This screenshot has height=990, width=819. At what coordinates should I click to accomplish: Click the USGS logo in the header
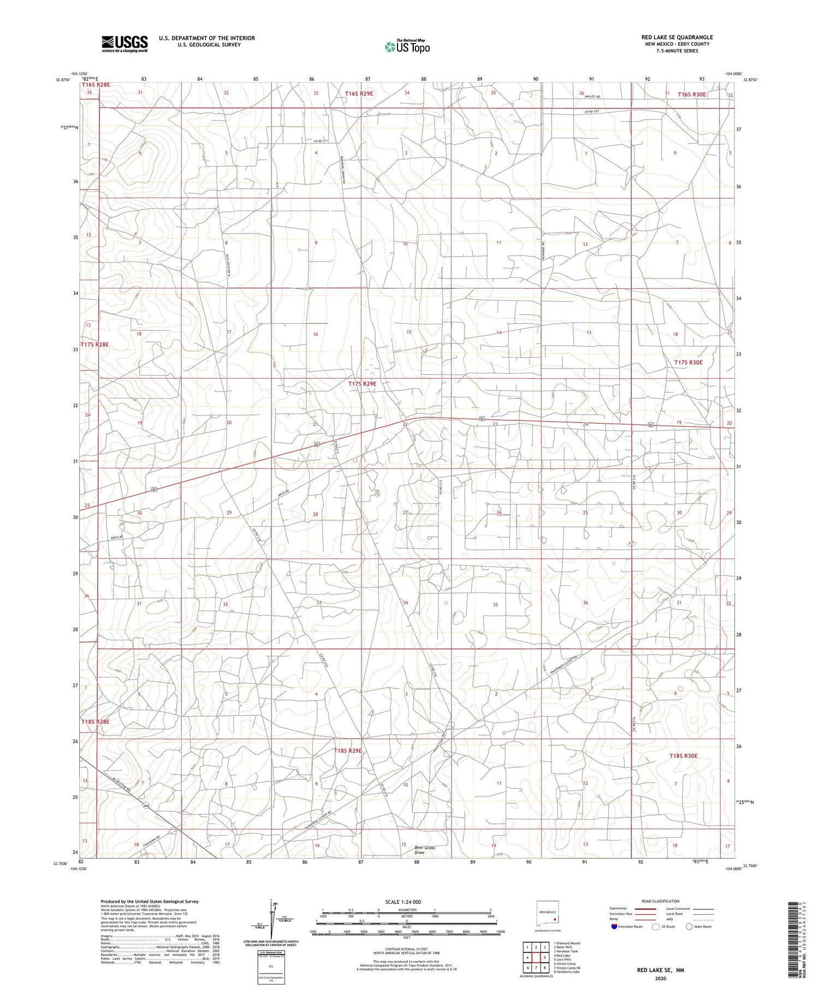[124, 44]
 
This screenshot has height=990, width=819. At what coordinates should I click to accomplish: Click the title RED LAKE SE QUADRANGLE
[677, 37]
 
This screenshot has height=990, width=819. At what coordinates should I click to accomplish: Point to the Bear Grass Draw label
[424, 850]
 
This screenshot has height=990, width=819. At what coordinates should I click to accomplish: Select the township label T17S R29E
[363, 384]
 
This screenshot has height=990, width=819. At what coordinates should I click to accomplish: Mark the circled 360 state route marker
[146, 805]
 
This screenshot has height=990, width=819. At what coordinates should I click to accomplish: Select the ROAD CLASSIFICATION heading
[660, 901]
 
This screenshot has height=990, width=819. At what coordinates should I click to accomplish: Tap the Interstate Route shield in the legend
[614, 927]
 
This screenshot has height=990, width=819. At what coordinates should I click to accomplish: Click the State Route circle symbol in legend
[690, 927]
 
